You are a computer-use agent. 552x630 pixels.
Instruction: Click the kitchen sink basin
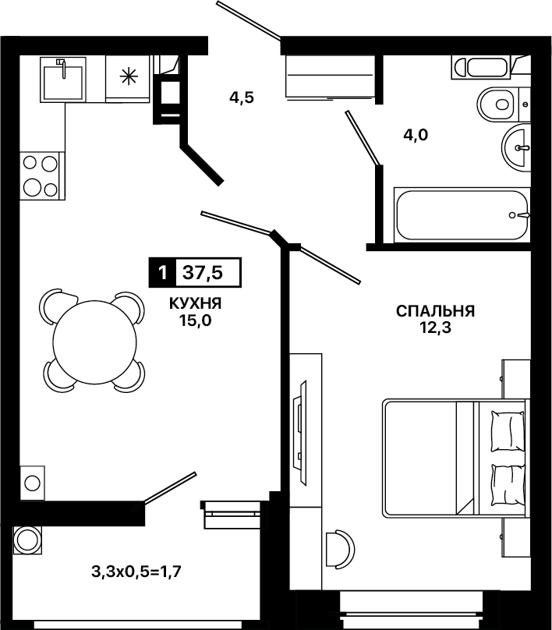tap(63, 83)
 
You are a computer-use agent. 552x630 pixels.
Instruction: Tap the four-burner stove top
tap(41, 175)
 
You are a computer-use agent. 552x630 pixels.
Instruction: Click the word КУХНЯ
tap(195, 304)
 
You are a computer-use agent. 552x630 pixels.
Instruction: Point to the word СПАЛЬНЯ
tap(436, 311)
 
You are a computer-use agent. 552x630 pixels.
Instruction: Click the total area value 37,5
tap(203, 273)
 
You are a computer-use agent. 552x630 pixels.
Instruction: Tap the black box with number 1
tap(162, 273)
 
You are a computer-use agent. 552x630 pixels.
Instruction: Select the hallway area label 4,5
tap(242, 97)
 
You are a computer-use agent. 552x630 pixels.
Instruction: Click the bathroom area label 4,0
tap(416, 135)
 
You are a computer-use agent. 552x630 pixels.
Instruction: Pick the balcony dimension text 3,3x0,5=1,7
tap(136, 571)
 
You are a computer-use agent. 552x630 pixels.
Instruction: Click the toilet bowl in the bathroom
tap(497, 104)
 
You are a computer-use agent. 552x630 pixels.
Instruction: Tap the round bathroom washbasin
tap(516, 148)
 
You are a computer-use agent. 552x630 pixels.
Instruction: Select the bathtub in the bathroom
tap(462, 215)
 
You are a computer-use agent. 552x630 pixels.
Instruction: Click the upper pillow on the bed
tap(508, 431)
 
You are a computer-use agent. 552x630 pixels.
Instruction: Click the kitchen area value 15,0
tap(196, 320)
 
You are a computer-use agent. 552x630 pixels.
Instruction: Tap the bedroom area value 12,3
tap(436, 328)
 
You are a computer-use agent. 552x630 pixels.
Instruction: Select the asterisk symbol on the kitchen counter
tap(129, 76)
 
